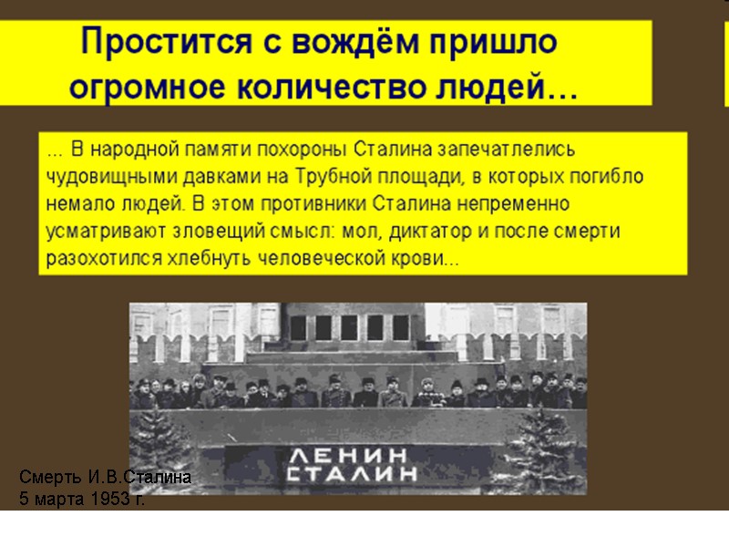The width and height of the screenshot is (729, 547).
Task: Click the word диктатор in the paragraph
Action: pyautogui.click(x=428, y=231)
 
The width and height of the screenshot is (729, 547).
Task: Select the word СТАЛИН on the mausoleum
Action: pyautogui.click(x=352, y=474)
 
